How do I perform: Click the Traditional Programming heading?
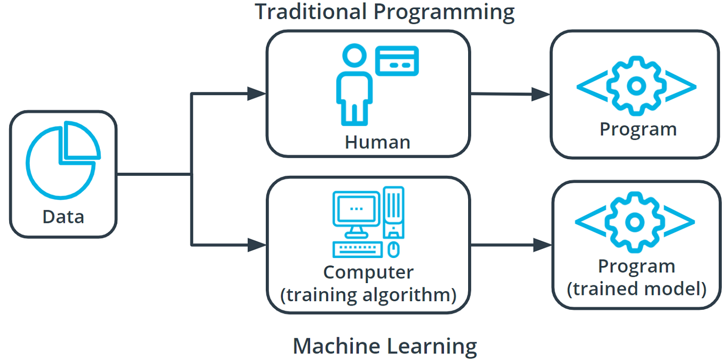coord(384,12)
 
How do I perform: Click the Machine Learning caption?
coord(384,346)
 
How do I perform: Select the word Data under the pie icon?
coord(63,217)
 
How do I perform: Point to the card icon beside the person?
coord(397,60)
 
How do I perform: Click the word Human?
coord(377,142)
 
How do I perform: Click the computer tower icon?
coord(394,211)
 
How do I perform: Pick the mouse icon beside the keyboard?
coord(393,249)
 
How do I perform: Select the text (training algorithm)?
coord(368,294)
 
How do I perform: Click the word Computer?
coord(368,272)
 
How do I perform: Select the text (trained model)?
coord(636,289)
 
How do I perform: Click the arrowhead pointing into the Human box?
coord(257,94)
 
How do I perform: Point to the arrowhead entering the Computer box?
coord(257,245)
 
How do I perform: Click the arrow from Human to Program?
coord(510,94)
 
